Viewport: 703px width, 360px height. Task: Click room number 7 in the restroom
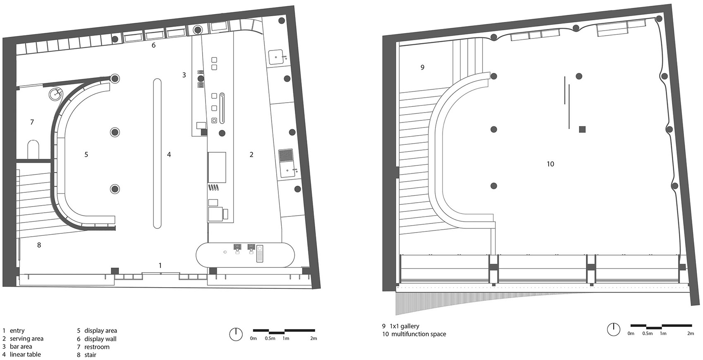[32, 122]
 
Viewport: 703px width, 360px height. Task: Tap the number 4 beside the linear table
[169, 154]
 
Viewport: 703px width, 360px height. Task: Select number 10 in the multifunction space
[550, 164]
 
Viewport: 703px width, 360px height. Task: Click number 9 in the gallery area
[422, 67]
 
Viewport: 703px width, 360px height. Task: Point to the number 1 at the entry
[160, 265]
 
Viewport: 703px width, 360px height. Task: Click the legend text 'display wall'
[100, 338]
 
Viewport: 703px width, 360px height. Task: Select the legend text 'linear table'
[25, 354]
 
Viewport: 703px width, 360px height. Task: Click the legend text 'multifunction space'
[418, 334]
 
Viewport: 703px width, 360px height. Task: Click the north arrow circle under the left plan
[236, 334]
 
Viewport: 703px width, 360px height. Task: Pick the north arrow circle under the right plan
[613, 329]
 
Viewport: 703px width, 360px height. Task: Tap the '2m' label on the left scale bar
[313, 338]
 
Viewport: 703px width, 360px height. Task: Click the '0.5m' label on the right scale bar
[648, 333]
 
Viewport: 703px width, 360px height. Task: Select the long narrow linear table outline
[158, 153]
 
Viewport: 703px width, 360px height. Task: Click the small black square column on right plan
[582, 130]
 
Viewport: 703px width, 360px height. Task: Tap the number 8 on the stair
[39, 245]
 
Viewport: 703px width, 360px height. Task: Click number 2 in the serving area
[251, 154]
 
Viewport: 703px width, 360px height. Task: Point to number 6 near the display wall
[153, 45]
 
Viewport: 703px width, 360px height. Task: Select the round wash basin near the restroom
[55, 94]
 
